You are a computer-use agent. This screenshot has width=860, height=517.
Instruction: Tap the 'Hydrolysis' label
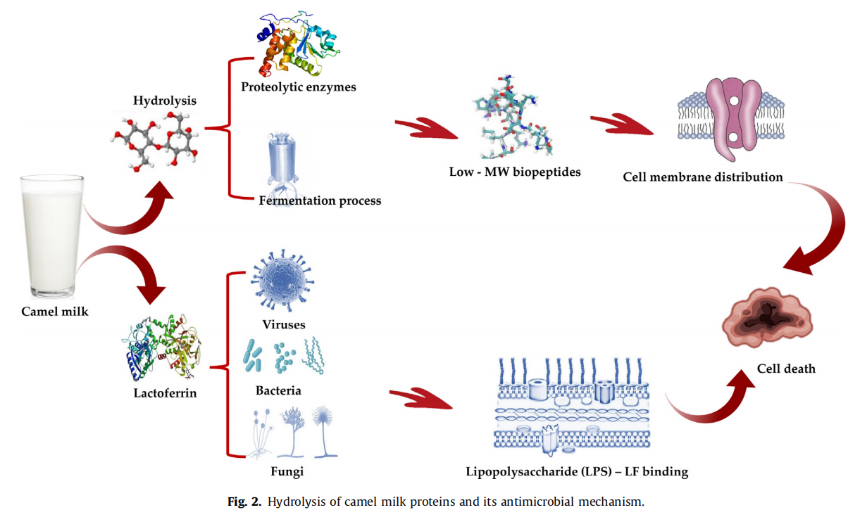pyautogui.click(x=164, y=101)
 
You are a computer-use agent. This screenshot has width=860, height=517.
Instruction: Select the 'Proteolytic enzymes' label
pyautogui.click(x=298, y=87)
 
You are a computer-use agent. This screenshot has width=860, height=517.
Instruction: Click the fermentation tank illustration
pyautogui.click(x=285, y=162)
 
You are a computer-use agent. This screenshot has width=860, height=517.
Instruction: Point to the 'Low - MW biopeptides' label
pyautogui.click(x=515, y=172)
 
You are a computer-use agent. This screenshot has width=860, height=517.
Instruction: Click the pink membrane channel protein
pyautogui.click(x=733, y=116)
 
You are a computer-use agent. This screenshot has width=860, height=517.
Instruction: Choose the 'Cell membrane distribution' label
pyautogui.click(x=702, y=177)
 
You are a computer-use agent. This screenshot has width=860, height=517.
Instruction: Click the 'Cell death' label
pyautogui.click(x=786, y=369)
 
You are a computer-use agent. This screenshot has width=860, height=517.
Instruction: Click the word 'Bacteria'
pyautogui.click(x=278, y=390)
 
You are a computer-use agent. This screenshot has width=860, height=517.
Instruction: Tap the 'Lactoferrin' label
pyautogui.click(x=165, y=393)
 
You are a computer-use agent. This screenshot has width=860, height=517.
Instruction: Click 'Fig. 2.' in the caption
pyautogui.click(x=244, y=502)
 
